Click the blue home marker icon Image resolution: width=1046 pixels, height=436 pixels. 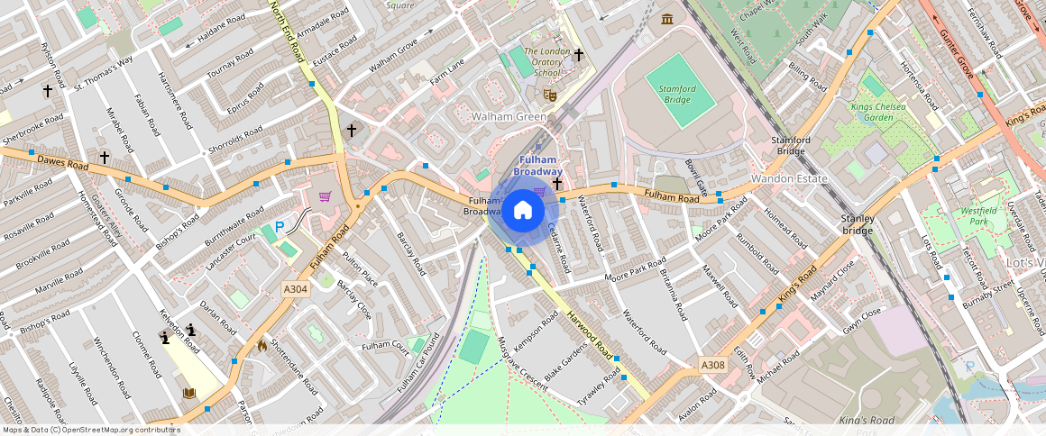tap(522, 211)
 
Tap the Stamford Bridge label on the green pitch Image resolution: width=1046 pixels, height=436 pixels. tap(676, 94)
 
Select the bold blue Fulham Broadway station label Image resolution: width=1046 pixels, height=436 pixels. tap(538, 166)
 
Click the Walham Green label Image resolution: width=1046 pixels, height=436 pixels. tap(509, 117)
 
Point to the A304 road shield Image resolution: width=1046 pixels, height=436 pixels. tap(295, 289)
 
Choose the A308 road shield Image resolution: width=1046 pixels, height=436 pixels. tap(712, 366)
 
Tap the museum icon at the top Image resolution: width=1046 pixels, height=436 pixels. tap(667, 20)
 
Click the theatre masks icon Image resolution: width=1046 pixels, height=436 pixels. tap(550, 94)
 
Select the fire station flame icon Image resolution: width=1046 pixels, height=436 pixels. tap(262, 344)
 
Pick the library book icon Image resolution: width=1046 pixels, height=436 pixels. tap(189, 393)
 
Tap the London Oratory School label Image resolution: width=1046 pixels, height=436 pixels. tap(547, 62)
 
